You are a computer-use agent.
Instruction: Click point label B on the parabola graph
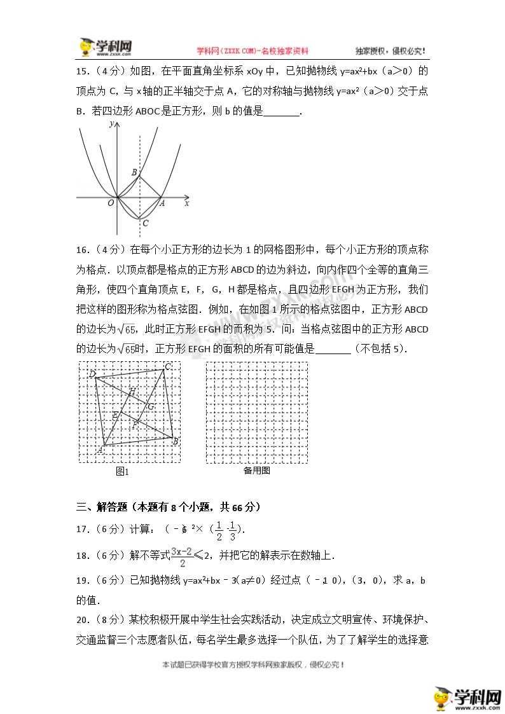click(134, 172)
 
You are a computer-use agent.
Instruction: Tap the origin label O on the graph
click(110, 203)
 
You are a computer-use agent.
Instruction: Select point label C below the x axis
click(146, 223)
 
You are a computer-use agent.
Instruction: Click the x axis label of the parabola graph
click(187, 203)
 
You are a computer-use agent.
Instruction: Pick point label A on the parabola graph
click(162, 203)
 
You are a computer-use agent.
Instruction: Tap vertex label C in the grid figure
click(167, 366)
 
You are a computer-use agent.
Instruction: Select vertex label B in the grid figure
click(175, 441)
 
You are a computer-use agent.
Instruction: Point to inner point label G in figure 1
click(150, 406)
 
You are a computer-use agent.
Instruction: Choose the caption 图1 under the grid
click(122, 471)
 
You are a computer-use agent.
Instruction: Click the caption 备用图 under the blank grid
click(256, 470)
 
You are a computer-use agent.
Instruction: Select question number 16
click(83, 249)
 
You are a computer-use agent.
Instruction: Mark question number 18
click(83, 556)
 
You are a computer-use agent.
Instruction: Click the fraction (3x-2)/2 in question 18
click(183, 556)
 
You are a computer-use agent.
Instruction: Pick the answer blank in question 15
click(280, 112)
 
